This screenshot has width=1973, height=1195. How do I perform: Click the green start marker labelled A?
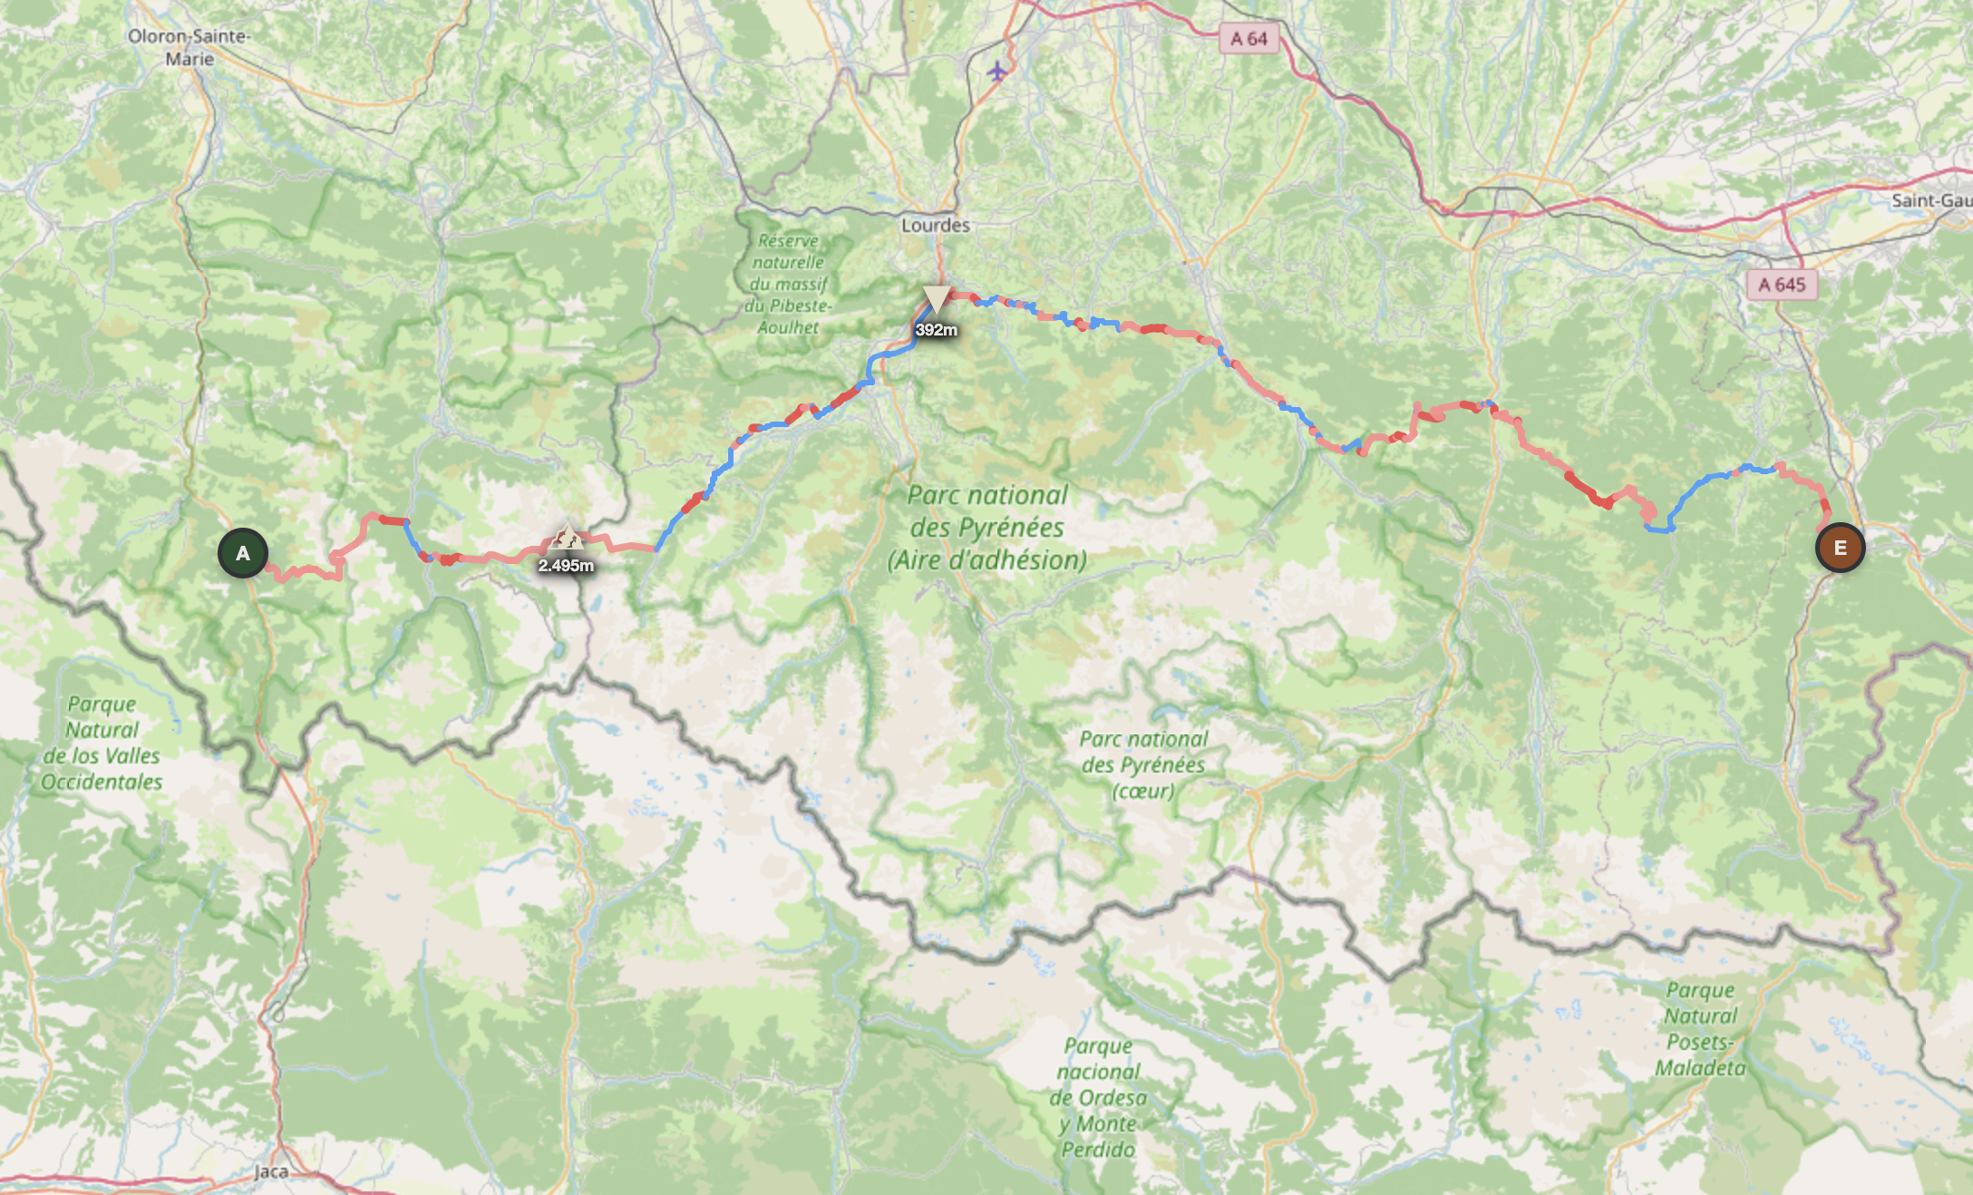tap(243, 553)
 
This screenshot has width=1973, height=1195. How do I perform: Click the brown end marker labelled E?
tap(1840, 548)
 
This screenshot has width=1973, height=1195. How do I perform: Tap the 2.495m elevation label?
tap(566, 566)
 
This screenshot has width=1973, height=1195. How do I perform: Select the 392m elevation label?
tap(936, 330)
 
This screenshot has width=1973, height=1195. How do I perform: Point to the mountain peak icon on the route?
tap(567, 538)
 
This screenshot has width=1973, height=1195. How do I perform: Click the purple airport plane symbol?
tap(997, 71)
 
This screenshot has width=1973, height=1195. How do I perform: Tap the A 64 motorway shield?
tap(1249, 39)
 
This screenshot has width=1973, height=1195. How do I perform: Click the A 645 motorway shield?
tap(1782, 285)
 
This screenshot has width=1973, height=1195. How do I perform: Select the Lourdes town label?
tap(935, 225)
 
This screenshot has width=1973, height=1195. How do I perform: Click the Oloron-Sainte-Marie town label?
tap(189, 47)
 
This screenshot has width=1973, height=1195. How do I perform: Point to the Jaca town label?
tap(270, 1171)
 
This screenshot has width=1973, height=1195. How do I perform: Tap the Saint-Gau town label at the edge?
tap(1930, 200)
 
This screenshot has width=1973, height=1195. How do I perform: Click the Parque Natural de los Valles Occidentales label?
tap(102, 743)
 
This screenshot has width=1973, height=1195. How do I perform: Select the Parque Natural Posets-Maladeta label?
tap(1700, 1029)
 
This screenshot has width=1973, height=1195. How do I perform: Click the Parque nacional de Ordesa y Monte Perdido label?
tap(1098, 1097)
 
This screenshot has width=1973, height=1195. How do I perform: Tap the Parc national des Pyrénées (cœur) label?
tap(1143, 764)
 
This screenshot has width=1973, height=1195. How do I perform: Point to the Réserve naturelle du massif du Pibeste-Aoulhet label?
tap(788, 284)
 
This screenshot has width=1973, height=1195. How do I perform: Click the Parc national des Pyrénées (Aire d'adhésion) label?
tap(987, 528)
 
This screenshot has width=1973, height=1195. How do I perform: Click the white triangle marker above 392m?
tap(936, 297)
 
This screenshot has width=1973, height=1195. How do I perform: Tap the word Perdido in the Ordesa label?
tap(1098, 1150)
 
